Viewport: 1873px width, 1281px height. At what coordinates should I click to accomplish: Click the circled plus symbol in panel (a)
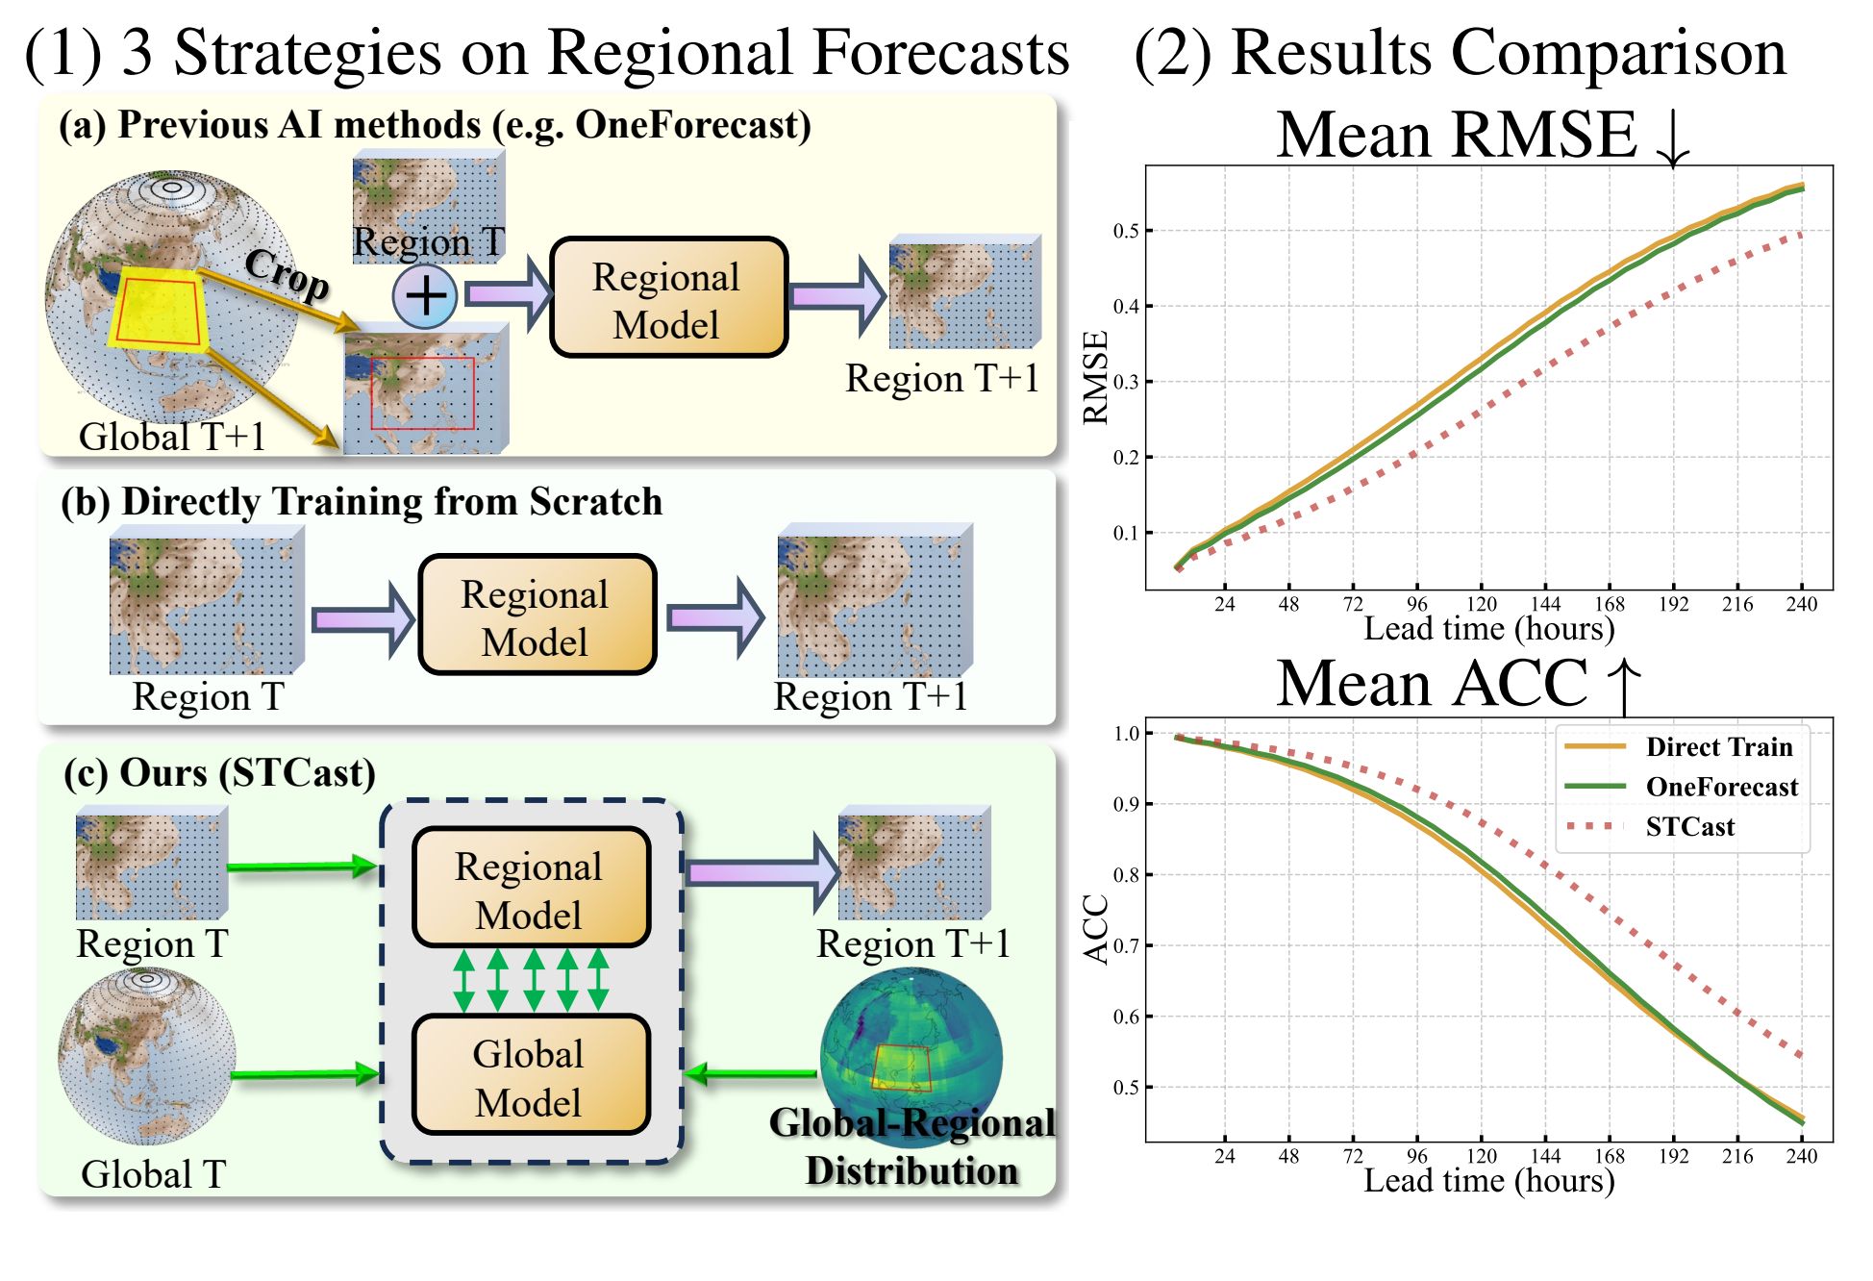pos(425,295)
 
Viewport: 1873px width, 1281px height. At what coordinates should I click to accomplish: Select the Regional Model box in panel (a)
pos(667,298)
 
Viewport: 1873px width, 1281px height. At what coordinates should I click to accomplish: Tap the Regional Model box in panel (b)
pos(537,615)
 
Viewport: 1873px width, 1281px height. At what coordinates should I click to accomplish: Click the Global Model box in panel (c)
pos(530,1076)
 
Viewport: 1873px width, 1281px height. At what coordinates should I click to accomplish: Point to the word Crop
pos(287,273)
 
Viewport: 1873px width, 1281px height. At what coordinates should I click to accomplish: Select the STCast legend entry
pos(1689,827)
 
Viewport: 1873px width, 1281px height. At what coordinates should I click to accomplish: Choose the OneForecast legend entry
pos(1721,787)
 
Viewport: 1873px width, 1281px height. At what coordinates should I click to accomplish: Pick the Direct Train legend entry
pos(1718,747)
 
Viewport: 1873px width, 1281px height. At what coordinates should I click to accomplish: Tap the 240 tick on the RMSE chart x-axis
pos(1801,604)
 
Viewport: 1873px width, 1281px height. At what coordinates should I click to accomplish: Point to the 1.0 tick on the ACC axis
pos(1126,734)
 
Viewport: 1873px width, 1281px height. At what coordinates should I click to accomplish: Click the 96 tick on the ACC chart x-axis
pos(1416,1155)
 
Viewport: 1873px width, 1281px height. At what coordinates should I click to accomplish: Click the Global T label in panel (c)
pos(153,1174)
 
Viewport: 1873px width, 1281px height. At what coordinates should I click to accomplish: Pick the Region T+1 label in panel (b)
pos(870,696)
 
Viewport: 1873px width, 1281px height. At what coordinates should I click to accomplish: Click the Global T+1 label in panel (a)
pos(172,437)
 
